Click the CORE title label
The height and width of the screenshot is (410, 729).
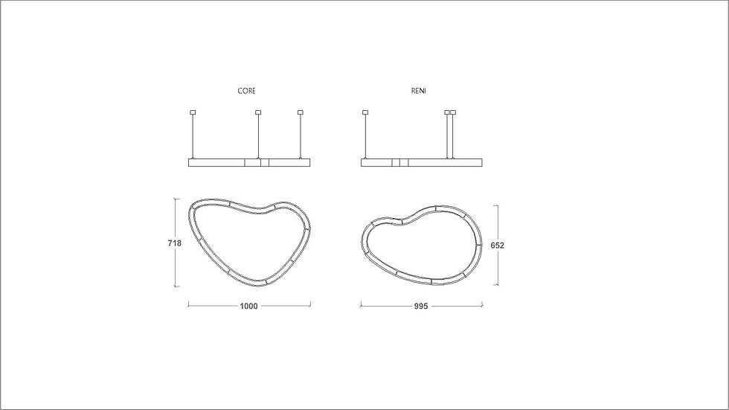point(246,91)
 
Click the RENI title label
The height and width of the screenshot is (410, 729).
point(418,91)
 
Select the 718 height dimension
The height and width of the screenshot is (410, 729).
point(175,243)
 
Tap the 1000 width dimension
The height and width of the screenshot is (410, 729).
point(248,306)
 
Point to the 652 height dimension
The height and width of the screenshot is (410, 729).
point(498,245)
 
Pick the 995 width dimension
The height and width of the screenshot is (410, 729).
point(421,306)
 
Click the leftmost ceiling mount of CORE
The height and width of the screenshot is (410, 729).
point(193,112)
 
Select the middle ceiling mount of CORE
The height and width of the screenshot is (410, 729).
point(258,112)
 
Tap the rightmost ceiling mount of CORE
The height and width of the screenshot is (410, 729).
point(301,112)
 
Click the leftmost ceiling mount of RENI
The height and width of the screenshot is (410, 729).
point(365,112)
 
